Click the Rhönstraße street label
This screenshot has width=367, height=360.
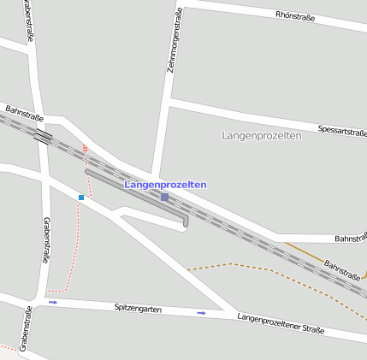pos(296,15)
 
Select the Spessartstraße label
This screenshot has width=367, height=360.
pos(341,131)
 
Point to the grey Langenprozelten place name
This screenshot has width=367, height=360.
pos(261,136)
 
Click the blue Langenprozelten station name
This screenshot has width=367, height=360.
pos(165,185)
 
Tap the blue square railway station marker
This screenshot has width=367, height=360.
pos(164,197)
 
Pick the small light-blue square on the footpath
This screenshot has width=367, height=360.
pos(81,198)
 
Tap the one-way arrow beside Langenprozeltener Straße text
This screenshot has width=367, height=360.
pos(201,313)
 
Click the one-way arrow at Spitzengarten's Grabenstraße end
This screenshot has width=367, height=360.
pos(53,302)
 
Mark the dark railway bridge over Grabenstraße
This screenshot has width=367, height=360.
pos(41,136)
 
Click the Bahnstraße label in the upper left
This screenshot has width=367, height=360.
pos(24,111)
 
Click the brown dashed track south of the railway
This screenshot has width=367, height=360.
pos(257,267)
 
